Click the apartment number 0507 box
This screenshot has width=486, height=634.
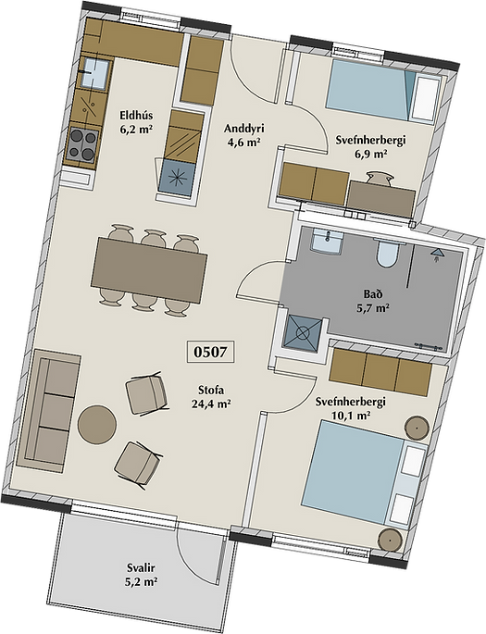[x=210, y=352]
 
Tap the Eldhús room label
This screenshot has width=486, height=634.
[x=136, y=116]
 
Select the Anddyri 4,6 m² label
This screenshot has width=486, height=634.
[x=243, y=135]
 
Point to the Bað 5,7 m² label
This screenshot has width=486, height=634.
[x=372, y=301]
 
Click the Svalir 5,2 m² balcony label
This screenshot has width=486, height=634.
[x=141, y=575]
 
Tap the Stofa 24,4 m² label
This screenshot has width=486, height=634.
[x=211, y=396]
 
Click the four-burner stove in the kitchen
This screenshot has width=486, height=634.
[x=82, y=144]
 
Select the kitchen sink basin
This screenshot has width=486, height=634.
[x=94, y=73]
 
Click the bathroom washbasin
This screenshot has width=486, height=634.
[x=327, y=241]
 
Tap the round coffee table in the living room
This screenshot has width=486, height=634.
[x=97, y=425]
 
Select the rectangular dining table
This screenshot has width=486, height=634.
[x=149, y=269]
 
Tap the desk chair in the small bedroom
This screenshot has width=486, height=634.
[x=380, y=179]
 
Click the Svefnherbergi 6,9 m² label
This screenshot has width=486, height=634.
[x=370, y=147]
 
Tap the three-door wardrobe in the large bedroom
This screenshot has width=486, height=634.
[x=380, y=372]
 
